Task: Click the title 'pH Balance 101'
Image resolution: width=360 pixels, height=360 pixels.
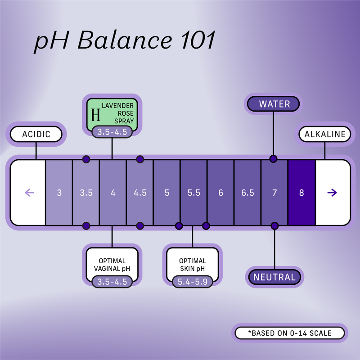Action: click(126, 41)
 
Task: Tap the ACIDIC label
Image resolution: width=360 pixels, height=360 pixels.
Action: click(36, 134)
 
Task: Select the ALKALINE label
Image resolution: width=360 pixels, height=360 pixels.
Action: click(325, 134)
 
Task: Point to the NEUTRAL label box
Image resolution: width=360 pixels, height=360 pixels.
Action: click(274, 277)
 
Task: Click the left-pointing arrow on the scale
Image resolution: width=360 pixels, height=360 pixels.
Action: click(29, 193)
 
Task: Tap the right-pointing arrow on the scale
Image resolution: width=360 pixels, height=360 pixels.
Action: click(332, 193)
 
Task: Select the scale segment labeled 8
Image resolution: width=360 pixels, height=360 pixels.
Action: click(301, 193)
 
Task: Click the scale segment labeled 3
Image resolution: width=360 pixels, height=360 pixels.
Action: click(59, 193)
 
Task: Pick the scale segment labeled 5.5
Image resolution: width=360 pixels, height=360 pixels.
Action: click(193, 193)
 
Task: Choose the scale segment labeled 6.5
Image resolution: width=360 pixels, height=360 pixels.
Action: click(247, 193)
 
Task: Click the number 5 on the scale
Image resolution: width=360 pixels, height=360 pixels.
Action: click(167, 193)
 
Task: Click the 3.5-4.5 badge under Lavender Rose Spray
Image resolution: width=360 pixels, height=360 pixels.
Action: click(112, 132)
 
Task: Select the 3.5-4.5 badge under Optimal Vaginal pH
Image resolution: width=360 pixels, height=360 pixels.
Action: click(112, 282)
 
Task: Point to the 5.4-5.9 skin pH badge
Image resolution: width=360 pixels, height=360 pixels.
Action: click(193, 282)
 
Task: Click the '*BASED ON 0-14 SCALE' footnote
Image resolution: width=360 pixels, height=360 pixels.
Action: click(290, 333)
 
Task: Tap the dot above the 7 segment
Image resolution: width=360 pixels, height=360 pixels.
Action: click(273, 159)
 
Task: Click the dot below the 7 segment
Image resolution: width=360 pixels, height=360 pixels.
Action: click(274, 225)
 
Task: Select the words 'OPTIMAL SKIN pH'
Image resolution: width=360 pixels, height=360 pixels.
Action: click(193, 265)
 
